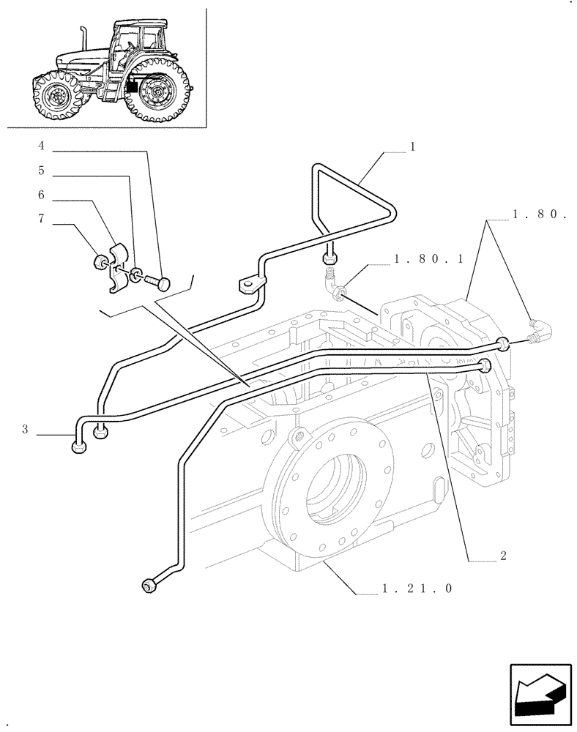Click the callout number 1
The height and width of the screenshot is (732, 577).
click(x=412, y=146)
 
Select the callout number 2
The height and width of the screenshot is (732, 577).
click(x=503, y=556)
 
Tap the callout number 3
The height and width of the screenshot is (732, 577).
click(x=25, y=430)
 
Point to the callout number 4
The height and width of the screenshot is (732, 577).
click(x=41, y=146)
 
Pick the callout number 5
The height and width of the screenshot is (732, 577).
click(x=41, y=171)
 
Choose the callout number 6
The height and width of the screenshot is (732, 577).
click(x=41, y=195)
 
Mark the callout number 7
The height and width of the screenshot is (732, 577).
click(x=41, y=219)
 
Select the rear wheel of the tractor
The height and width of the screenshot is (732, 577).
click(x=155, y=94)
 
